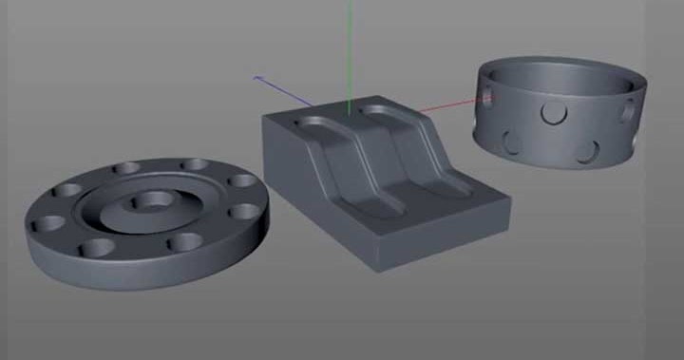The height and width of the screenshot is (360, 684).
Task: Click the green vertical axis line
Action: pyautogui.click(x=350, y=47)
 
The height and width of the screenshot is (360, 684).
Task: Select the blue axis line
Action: pyautogui.click(x=285, y=91)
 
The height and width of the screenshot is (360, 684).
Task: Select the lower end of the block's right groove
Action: pyautogui.click(x=451, y=184)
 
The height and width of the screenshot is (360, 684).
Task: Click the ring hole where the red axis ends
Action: pyautogui.click(x=486, y=97)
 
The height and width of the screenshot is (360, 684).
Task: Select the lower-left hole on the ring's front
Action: pyautogui.click(x=512, y=143)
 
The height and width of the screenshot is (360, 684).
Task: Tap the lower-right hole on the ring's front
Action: pyautogui.click(x=591, y=149)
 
